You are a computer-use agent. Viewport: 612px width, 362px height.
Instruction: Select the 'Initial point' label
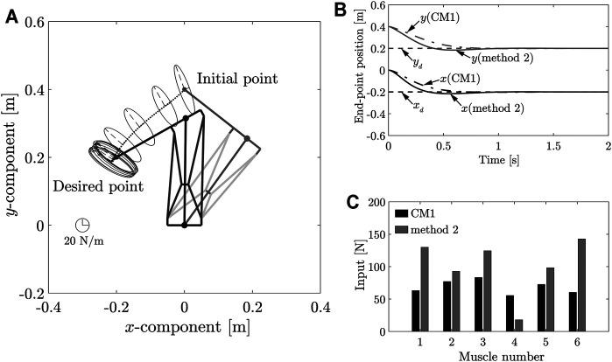tap(236, 79)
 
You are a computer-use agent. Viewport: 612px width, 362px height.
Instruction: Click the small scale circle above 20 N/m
tap(81, 226)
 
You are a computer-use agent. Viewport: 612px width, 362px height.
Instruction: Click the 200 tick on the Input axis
tap(374, 202)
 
